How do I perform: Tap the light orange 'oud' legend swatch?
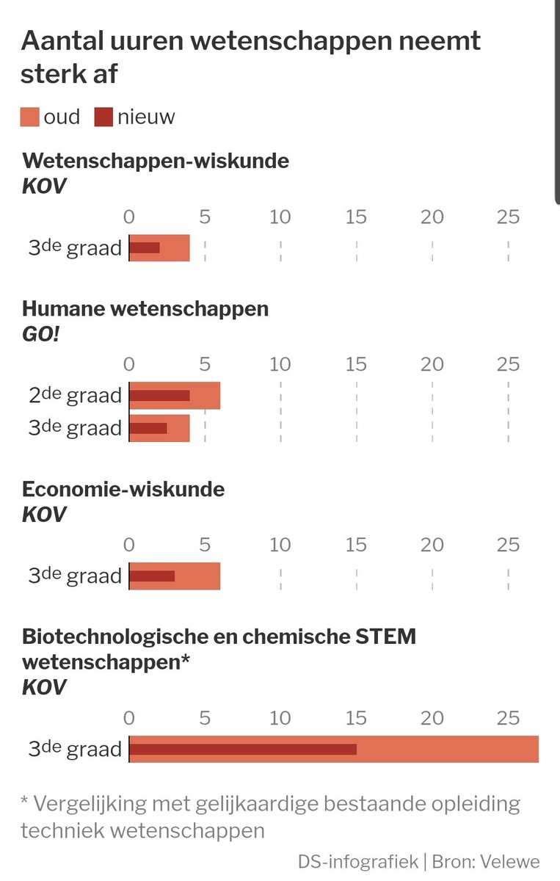tap(30, 117)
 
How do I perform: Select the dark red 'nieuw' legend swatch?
tap(104, 117)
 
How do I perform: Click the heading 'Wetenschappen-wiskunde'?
tap(155, 161)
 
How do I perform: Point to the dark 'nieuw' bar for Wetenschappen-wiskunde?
tap(145, 248)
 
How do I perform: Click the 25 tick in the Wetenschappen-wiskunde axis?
tap(508, 217)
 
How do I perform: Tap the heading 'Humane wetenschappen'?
tap(145, 309)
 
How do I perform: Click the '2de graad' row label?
tap(75, 396)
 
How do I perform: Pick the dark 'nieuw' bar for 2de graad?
tap(160, 396)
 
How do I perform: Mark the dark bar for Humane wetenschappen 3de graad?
tap(148, 428)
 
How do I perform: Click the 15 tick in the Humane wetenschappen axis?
tap(356, 364)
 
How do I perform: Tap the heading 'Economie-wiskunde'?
tap(123, 489)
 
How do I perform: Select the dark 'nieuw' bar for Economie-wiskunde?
tap(152, 576)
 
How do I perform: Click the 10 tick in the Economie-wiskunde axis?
tap(280, 545)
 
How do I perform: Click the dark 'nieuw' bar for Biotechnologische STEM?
tap(243, 750)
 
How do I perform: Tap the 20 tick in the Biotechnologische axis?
tap(432, 717)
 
